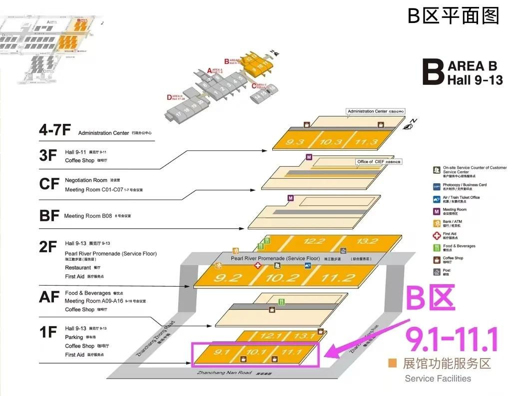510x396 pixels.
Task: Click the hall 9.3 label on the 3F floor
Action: [295, 142]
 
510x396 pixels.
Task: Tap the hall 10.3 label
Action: [331, 142]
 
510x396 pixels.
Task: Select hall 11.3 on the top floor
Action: [366, 142]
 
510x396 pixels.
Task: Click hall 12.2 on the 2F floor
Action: [314, 241]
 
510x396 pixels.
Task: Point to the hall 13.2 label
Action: [367, 241]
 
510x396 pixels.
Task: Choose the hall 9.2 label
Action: [227, 278]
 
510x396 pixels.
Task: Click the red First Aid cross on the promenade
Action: [258, 266]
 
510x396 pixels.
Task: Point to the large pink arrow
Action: [360, 337]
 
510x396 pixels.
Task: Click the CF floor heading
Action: [49, 184]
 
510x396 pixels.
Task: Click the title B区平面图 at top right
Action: [453, 16]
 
